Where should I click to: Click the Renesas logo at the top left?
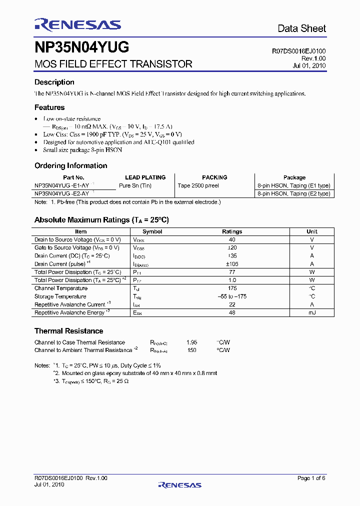coord(77,24)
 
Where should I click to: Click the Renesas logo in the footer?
coord(179,484)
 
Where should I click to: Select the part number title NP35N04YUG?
coord(81,47)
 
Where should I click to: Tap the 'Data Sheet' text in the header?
coord(301,28)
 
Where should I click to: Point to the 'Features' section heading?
coord(49,107)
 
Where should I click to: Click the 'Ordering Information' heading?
coord(70,165)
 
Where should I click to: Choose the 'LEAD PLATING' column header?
coord(145,177)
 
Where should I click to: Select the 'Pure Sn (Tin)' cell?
coord(135,185)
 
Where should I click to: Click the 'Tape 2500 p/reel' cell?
coord(198,185)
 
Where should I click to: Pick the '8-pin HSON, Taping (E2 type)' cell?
coord(293,193)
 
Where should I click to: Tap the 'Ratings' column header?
coord(232,231)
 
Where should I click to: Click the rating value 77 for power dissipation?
coord(232,272)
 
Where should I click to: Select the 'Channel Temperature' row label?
coord(61,288)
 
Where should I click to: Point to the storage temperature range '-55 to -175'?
coord(232,296)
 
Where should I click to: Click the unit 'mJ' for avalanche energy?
coord(312,312)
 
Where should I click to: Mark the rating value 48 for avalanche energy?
coord(232,312)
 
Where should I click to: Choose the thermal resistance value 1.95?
coord(191,342)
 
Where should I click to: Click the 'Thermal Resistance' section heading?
coord(68,331)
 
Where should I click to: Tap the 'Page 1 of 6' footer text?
coord(311,478)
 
